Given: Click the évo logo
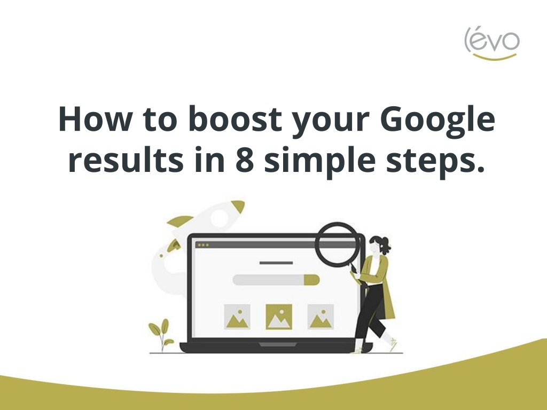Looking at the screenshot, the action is (492, 43).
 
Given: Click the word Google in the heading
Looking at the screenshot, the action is (437, 121).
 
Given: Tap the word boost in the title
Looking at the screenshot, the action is (235, 119).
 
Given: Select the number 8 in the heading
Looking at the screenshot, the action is (245, 159).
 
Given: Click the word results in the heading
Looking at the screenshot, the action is (126, 159).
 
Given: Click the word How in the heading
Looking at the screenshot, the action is (94, 119).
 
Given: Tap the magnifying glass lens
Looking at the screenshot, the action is (338, 244).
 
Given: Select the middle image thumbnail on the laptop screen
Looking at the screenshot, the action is (279, 317).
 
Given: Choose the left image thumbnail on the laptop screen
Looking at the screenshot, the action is (237, 317).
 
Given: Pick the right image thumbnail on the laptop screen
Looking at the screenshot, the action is (321, 317).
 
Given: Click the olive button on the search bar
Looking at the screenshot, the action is (312, 280).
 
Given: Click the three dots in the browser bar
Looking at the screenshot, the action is (203, 245).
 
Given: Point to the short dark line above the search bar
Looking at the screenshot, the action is (276, 263).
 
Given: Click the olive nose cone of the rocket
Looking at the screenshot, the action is (238, 206).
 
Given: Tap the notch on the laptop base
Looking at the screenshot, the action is (278, 344).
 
